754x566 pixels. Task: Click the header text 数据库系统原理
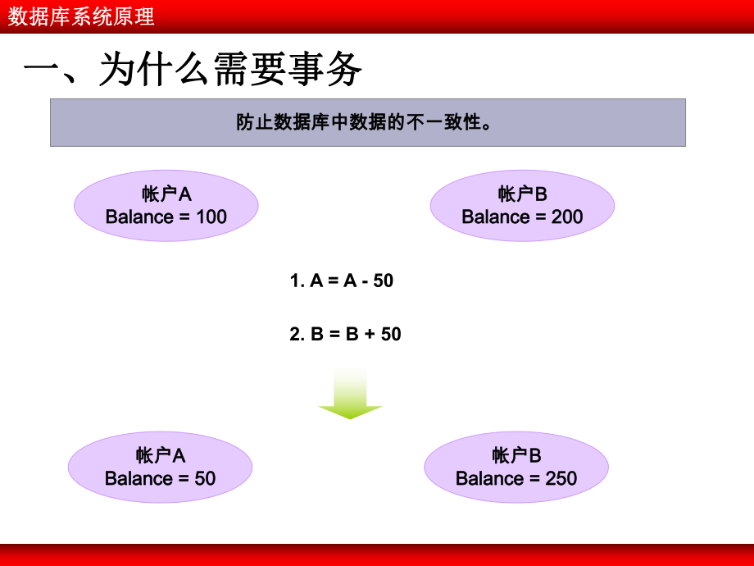[81, 16]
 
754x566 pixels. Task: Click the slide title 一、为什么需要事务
[193, 71]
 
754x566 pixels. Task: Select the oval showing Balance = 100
[166, 205]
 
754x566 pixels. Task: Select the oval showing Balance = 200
[522, 205]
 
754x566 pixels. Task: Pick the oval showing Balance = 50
[160, 467]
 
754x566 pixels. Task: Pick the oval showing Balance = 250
[516, 467]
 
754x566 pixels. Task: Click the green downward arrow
[350, 395]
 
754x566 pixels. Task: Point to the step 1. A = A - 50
[342, 281]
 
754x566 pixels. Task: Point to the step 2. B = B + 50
[346, 334]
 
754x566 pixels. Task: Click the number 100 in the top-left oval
[211, 217]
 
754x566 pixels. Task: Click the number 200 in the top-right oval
[567, 217]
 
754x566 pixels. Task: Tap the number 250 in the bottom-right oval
[561, 478]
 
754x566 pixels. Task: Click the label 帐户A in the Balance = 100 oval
[166, 194]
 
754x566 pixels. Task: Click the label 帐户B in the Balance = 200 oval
[522, 194]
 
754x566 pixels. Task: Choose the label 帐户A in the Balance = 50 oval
[161, 455]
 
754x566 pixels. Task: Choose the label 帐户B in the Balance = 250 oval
[516, 455]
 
